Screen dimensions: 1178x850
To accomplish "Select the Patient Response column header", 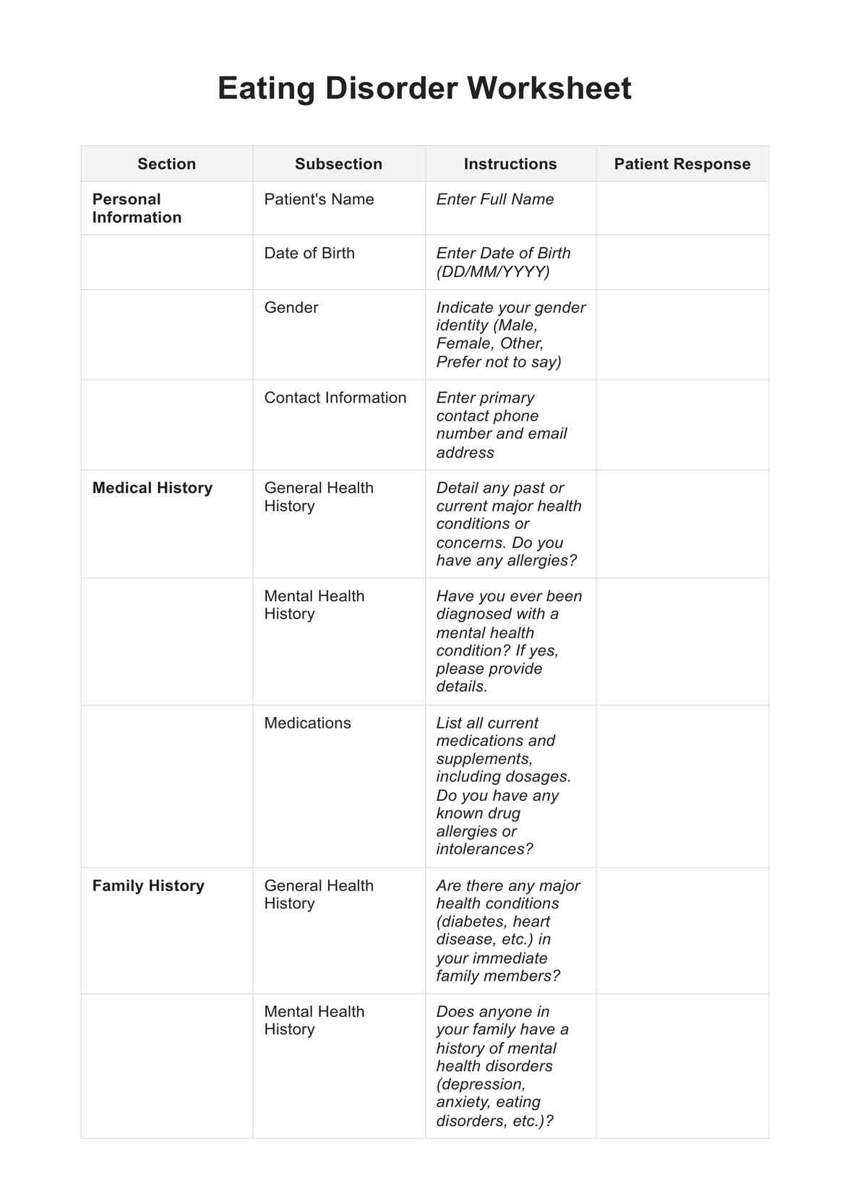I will click(682, 164).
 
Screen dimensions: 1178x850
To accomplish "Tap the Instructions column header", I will click(510, 164).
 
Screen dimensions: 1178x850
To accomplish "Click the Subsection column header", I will click(338, 164).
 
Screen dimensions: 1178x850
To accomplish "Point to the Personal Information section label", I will click(137, 208).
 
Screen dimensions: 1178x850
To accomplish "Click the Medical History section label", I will click(153, 488).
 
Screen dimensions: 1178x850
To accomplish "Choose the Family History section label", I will click(148, 885).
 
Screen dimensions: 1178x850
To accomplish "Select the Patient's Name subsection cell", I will click(319, 199).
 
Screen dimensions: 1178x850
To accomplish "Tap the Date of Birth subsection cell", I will click(309, 253).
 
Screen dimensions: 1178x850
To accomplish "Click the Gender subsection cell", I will click(291, 307).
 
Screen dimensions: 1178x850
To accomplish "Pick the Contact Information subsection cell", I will click(335, 397).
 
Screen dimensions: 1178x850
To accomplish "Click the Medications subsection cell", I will click(307, 723).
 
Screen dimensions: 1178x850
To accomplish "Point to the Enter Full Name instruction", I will click(495, 199).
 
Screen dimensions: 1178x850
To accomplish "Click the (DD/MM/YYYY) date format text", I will click(493, 272).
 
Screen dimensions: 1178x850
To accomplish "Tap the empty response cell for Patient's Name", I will click(682, 208).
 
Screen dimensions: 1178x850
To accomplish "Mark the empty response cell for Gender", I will click(682, 335).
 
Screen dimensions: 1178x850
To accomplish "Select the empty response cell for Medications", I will click(682, 786).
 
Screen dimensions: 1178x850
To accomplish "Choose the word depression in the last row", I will click(480, 1084).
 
